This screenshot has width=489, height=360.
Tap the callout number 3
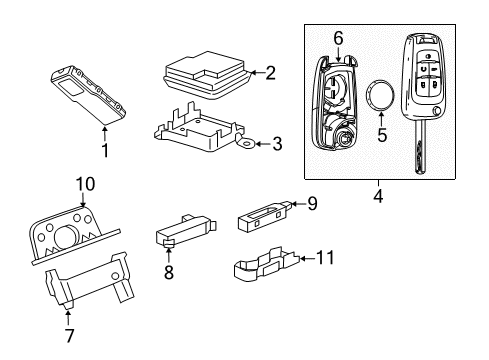pos(277,144)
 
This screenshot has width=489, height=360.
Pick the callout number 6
pos(339,38)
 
